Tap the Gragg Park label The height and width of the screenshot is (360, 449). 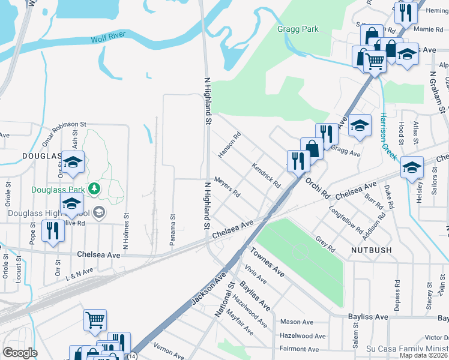click(x=298, y=29)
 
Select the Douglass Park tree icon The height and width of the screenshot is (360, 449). click(x=94, y=190)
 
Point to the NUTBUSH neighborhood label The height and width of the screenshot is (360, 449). click(x=371, y=250)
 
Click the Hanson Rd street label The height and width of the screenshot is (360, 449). click(x=229, y=145)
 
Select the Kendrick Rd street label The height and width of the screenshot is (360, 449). click(x=267, y=176)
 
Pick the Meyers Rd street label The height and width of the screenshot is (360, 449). click(x=228, y=187)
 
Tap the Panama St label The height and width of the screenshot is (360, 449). click(x=173, y=226)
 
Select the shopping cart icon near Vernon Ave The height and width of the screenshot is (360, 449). click(x=95, y=319)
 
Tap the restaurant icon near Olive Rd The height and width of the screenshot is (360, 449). click(x=53, y=230)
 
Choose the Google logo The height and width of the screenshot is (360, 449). click(x=20, y=353)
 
